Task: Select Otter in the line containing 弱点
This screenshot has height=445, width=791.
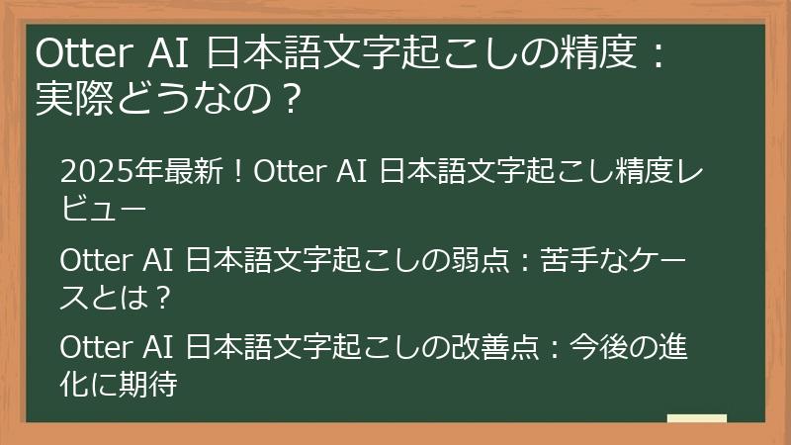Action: pos(90,261)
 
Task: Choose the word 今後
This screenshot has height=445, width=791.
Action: pos(606,349)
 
